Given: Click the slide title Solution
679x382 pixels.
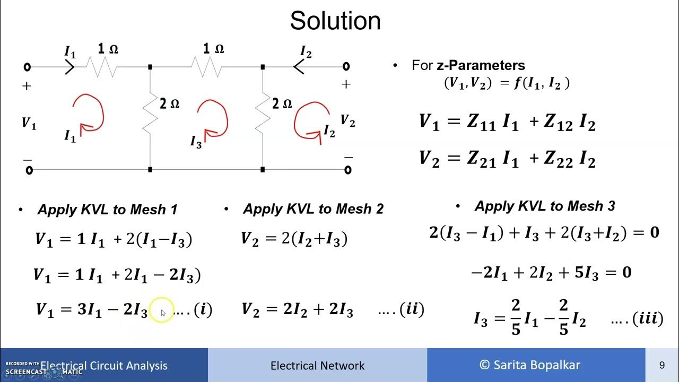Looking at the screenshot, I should click(335, 21).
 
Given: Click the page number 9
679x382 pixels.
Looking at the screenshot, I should click(662, 365).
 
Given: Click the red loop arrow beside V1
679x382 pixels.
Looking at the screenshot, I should click(88, 112).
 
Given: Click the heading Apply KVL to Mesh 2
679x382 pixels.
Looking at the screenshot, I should click(313, 209).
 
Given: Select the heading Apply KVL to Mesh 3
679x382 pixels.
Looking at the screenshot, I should click(545, 206).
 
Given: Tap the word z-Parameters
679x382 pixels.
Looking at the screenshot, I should click(481, 65).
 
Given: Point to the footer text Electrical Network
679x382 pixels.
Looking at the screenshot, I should click(317, 366).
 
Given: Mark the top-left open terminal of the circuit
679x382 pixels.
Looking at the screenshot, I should click(28, 67).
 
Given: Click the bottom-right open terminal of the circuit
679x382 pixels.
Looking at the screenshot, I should click(347, 170).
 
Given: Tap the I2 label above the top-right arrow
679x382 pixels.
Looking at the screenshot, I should click(306, 52).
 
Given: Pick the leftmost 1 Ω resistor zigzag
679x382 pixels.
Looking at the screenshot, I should click(101, 67).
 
